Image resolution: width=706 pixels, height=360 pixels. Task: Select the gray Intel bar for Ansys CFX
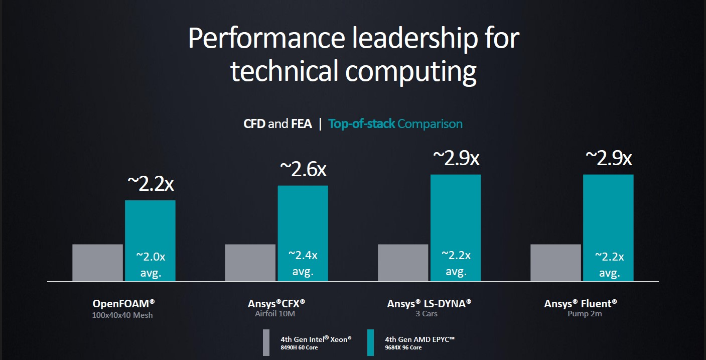[250, 263]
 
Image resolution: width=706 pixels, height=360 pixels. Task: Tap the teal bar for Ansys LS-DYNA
[456, 211]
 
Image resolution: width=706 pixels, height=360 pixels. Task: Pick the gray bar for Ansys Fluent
[555, 263]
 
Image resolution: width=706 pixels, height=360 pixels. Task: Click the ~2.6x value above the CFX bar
[303, 169]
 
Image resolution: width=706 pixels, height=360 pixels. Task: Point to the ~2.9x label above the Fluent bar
[608, 158]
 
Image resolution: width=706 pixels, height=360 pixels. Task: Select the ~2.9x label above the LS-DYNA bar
[456, 158]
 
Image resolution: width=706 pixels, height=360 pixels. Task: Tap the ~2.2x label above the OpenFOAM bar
[150, 184]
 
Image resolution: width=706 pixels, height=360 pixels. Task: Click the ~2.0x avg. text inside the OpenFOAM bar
[150, 264]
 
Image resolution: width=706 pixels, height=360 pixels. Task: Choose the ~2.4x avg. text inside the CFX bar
[303, 263]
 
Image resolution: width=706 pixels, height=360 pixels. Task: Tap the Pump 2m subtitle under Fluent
[581, 314]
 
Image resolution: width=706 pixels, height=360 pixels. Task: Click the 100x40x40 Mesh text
[122, 315]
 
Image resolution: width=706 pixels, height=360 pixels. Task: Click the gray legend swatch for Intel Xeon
[266, 342]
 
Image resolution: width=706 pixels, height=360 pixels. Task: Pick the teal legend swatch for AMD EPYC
[370, 342]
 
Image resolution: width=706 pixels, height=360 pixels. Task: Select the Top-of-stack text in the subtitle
[361, 124]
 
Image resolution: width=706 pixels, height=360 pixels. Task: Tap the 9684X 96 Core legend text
[403, 347]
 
